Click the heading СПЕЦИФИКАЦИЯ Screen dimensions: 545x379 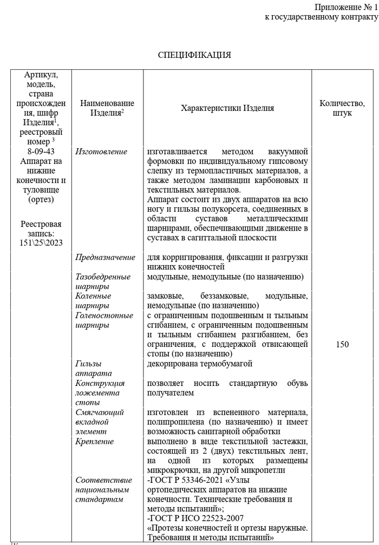click(x=194, y=55)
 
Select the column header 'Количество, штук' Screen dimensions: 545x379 click(x=342, y=108)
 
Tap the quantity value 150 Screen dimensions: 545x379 click(x=342, y=344)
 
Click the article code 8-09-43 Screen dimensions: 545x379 click(x=42, y=152)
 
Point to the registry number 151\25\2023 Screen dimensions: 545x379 click(x=42, y=242)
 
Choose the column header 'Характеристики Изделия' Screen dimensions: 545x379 click(x=227, y=108)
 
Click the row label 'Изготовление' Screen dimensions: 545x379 click(x=101, y=152)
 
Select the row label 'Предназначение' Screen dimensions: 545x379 click(x=105, y=257)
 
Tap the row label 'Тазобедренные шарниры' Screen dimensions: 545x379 click(x=103, y=281)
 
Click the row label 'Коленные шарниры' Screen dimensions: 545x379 click(x=94, y=301)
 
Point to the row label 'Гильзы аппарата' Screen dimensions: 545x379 click(x=94, y=369)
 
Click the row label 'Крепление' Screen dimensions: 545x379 click(x=95, y=442)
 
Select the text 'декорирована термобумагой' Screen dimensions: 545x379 click(x=200, y=364)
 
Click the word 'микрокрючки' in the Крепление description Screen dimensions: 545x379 click(x=170, y=471)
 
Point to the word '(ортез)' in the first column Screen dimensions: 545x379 click(x=42, y=200)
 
